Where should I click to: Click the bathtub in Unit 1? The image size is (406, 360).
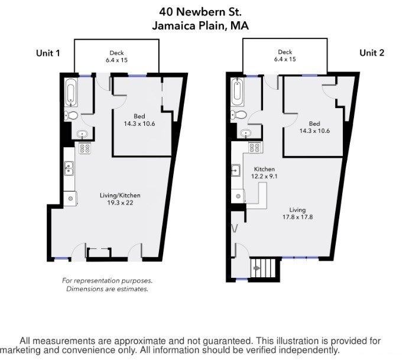[x=71, y=92]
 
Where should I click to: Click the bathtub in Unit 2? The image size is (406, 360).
[x=238, y=92]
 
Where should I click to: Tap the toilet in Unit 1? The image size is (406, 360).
[x=71, y=115]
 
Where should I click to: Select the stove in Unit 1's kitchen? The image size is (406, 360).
[x=85, y=148]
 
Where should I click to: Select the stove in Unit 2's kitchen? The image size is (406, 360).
[x=254, y=148]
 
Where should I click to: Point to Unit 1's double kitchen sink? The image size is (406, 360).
[x=69, y=168]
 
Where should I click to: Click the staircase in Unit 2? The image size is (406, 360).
[x=264, y=268]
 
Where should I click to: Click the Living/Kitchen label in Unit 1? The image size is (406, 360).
[x=120, y=195]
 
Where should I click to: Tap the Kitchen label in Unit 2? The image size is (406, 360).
[x=264, y=169]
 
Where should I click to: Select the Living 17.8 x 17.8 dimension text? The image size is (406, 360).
[x=297, y=217]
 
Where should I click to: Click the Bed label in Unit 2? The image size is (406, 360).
[x=314, y=124]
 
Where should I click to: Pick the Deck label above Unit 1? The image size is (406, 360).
[x=116, y=53]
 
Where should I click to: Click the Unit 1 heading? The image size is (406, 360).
[x=48, y=53]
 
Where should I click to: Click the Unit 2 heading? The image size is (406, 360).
[x=372, y=53]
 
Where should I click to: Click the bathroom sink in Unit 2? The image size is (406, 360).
[x=245, y=133]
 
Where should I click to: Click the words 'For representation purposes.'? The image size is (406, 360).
[x=107, y=280]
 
